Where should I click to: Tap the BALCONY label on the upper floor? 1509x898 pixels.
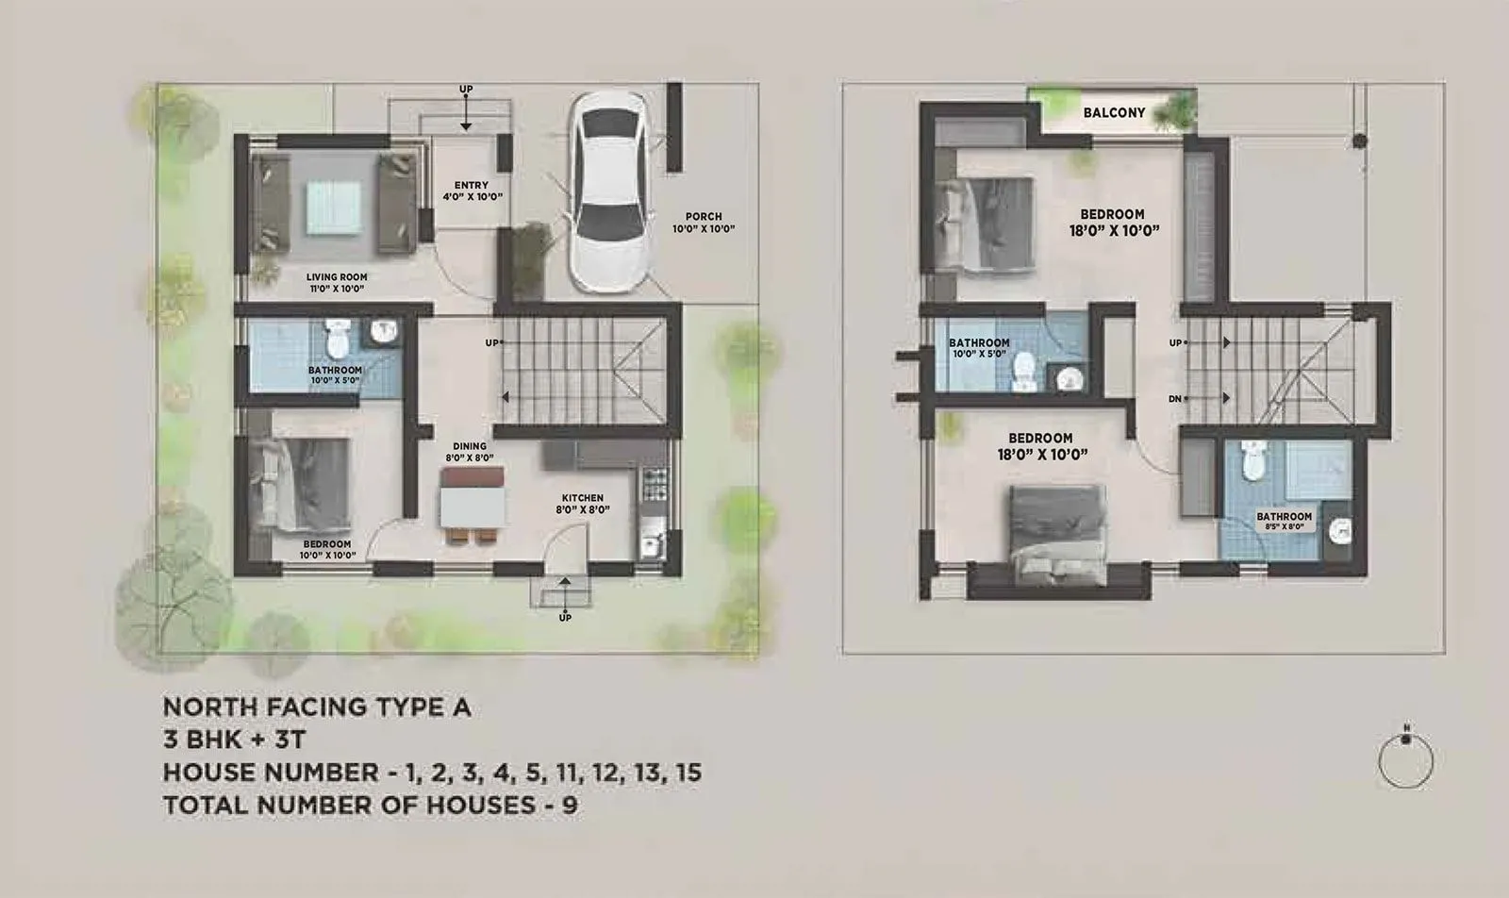point(1114,113)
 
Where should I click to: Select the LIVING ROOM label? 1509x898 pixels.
point(336,283)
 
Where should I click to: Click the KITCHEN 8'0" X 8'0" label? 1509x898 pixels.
point(582,503)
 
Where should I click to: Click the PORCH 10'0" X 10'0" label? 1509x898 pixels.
point(704,223)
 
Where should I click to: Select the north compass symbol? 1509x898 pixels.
point(1405,758)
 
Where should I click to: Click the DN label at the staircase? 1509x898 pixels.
point(1175,399)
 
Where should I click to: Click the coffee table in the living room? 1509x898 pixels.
point(333,207)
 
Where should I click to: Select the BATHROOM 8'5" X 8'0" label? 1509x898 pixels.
point(1284,522)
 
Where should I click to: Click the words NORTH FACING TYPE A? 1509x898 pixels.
point(316,707)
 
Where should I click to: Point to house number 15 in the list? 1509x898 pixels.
point(688,773)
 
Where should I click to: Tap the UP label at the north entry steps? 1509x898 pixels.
point(466,90)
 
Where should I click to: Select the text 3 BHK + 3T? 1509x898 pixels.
point(234,740)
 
